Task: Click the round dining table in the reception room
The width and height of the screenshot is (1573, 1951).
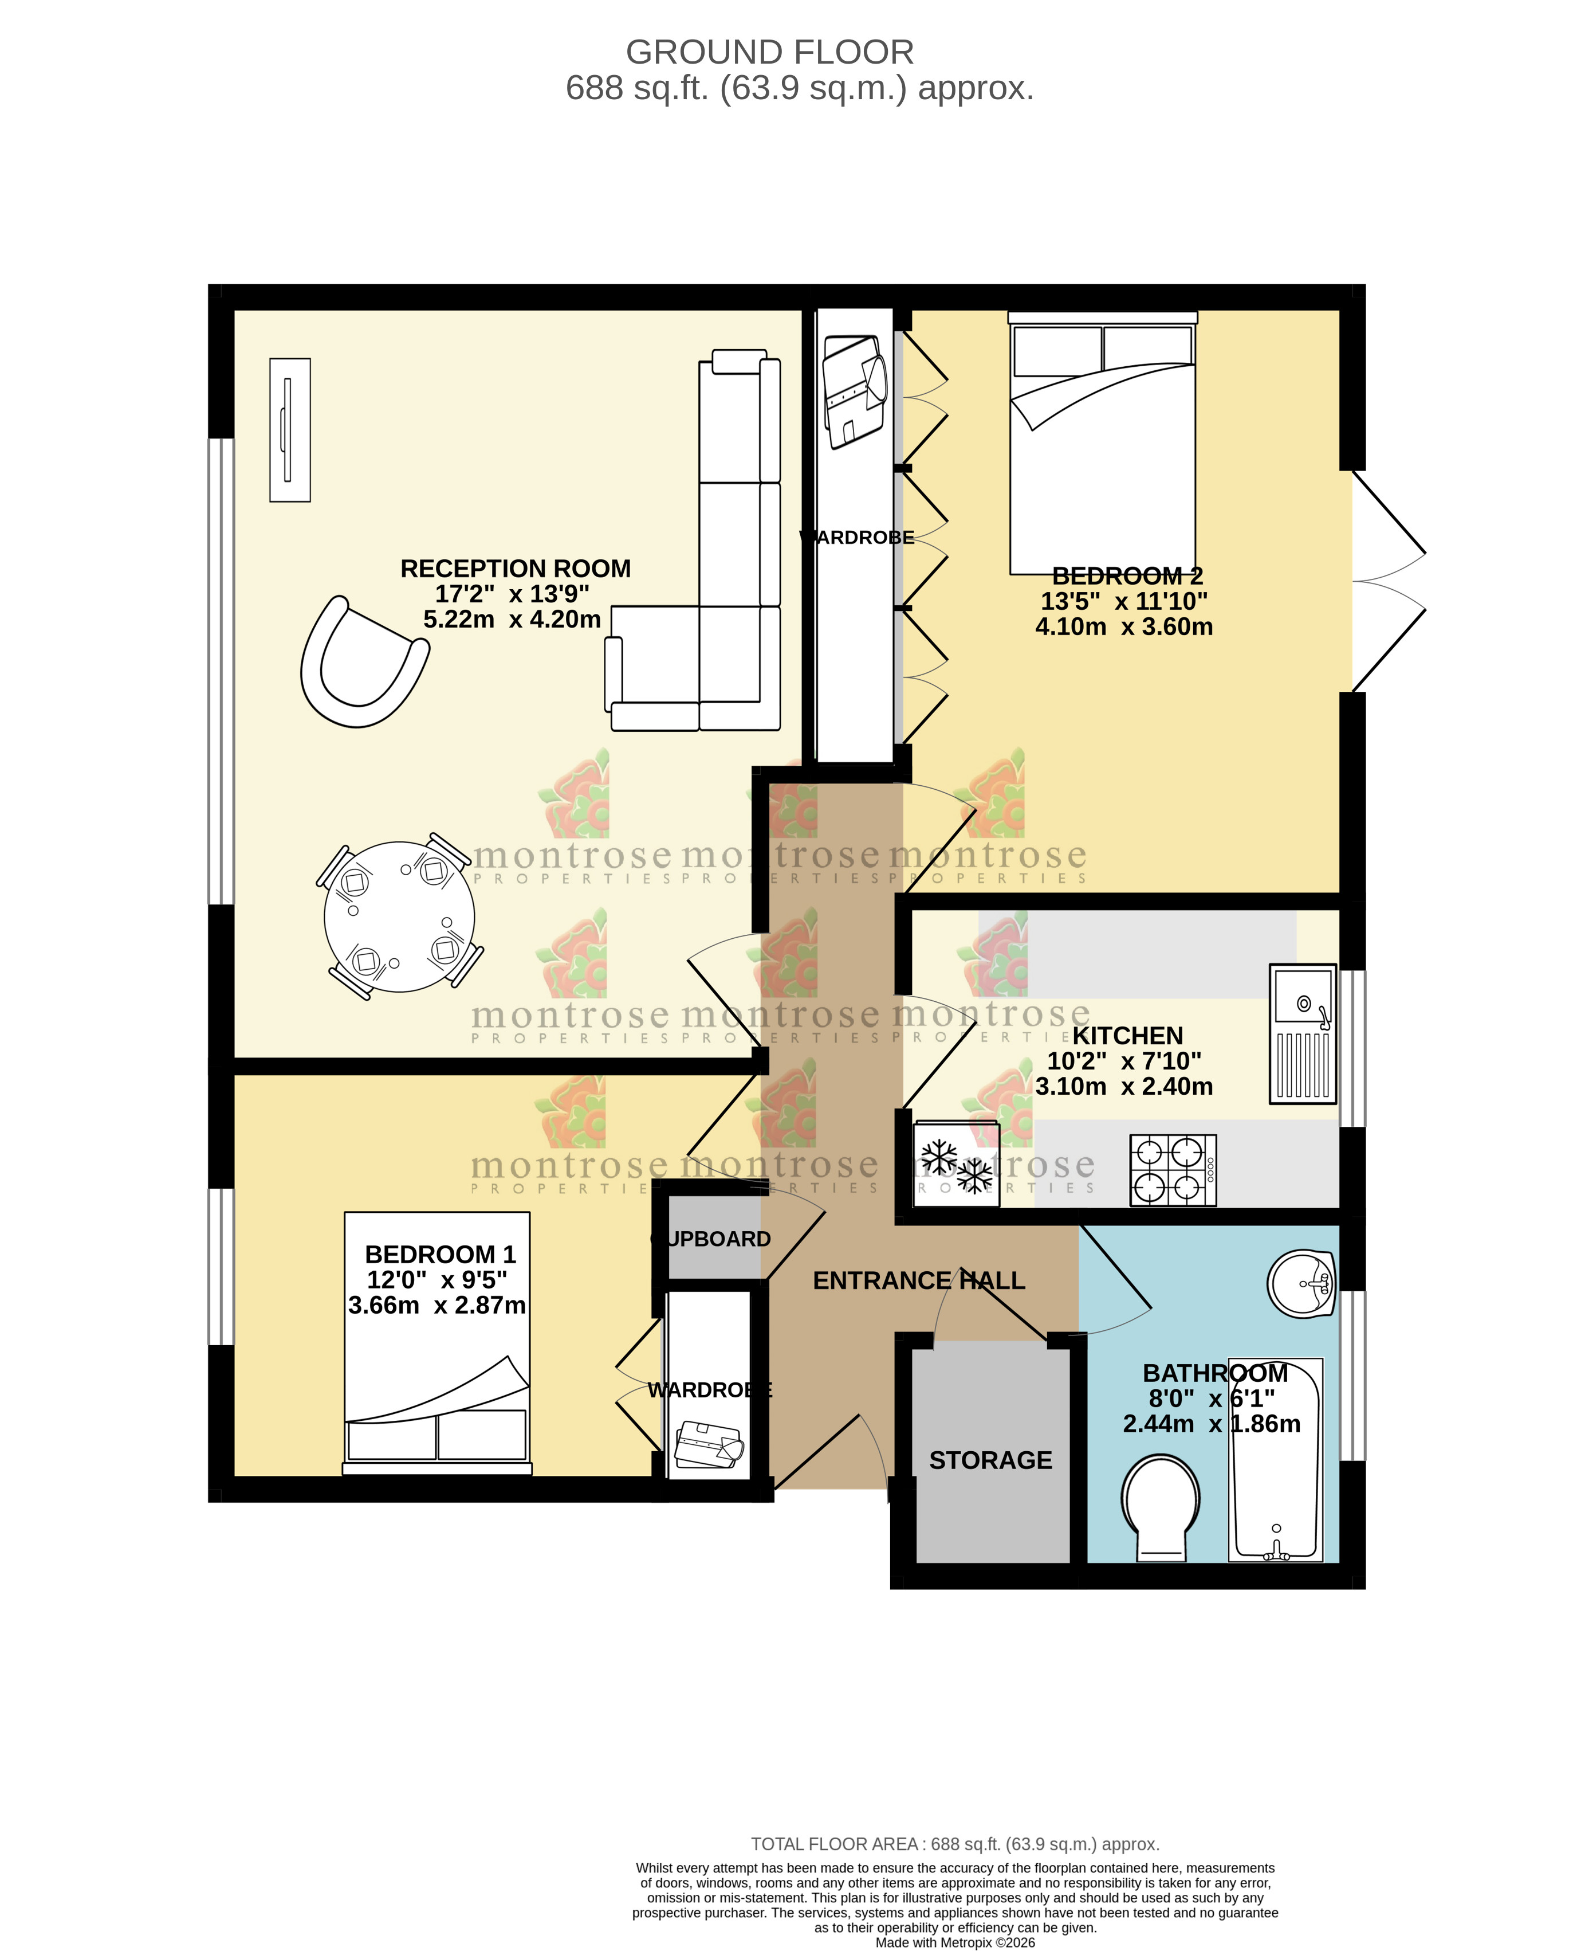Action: click(400, 916)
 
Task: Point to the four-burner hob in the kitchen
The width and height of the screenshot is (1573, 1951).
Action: click(1173, 1170)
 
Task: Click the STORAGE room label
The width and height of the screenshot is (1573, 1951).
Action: click(990, 1460)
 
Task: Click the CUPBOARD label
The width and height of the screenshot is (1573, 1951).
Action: click(711, 1239)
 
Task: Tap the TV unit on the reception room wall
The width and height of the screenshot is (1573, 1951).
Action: click(290, 430)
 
